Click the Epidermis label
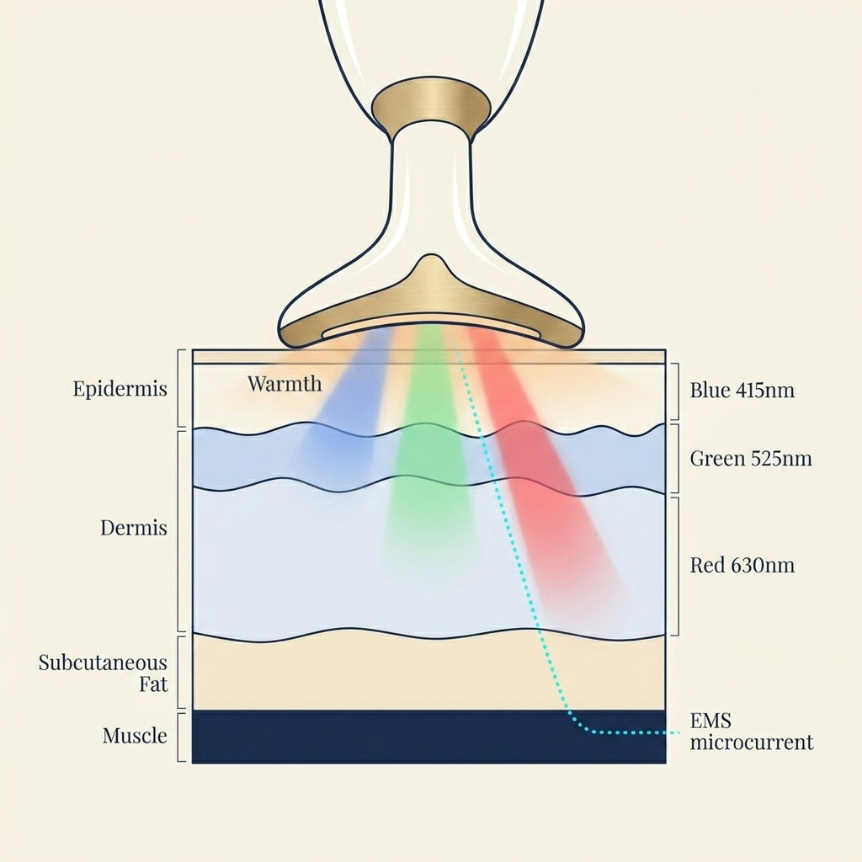click(x=120, y=389)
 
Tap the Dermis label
click(x=134, y=528)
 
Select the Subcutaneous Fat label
click(x=103, y=673)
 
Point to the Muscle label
click(x=135, y=736)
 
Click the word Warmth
click(x=285, y=383)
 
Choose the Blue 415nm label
click(x=742, y=391)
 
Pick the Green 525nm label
click(x=751, y=459)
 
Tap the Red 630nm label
click(x=742, y=565)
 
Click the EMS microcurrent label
click(x=752, y=732)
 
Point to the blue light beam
click(x=342, y=407)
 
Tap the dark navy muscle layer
click(x=428, y=736)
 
